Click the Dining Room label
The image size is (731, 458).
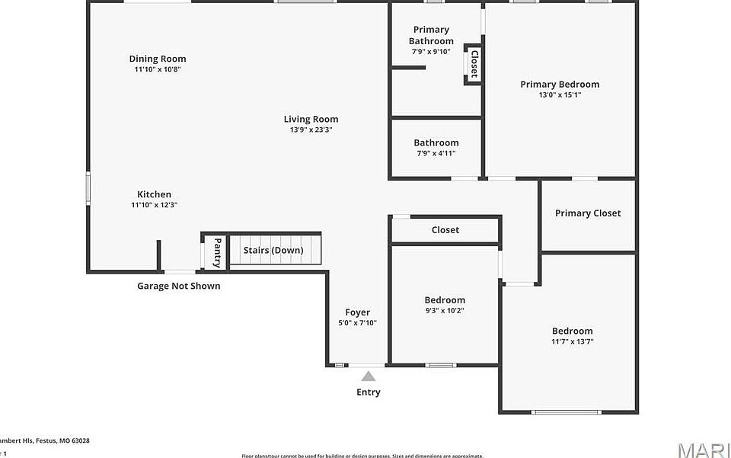[x=158, y=59]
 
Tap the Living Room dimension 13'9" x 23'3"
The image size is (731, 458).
[x=311, y=130]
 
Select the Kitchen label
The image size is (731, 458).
[x=154, y=194]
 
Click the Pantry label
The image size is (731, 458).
[x=217, y=252]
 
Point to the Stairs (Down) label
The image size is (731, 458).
[x=273, y=250]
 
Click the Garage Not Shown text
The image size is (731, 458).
[x=179, y=286]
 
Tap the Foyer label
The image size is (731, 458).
[x=358, y=312]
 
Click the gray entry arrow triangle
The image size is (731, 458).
[x=369, y=376]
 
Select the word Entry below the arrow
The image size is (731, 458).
[x=369, y=392]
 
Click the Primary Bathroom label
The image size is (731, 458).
[x=431, y=35]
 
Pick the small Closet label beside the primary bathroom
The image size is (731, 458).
[x=474, y=64]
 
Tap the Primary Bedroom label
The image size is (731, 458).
[x=560, y=85]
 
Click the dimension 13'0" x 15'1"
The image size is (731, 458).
[x=560, y=95]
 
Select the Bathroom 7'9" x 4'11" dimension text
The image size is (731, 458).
[x=436, y=153]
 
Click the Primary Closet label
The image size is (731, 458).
[x=588, y=213]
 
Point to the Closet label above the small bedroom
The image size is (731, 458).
[x=445, y=230]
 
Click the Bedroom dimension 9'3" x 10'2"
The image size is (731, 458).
[x=445, y=311]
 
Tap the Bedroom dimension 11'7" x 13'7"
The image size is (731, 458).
[x=572, y=341]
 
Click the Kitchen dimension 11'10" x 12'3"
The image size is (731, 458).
[x=154, y=205]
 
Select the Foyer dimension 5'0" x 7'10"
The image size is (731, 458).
[x=358, y=323]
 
